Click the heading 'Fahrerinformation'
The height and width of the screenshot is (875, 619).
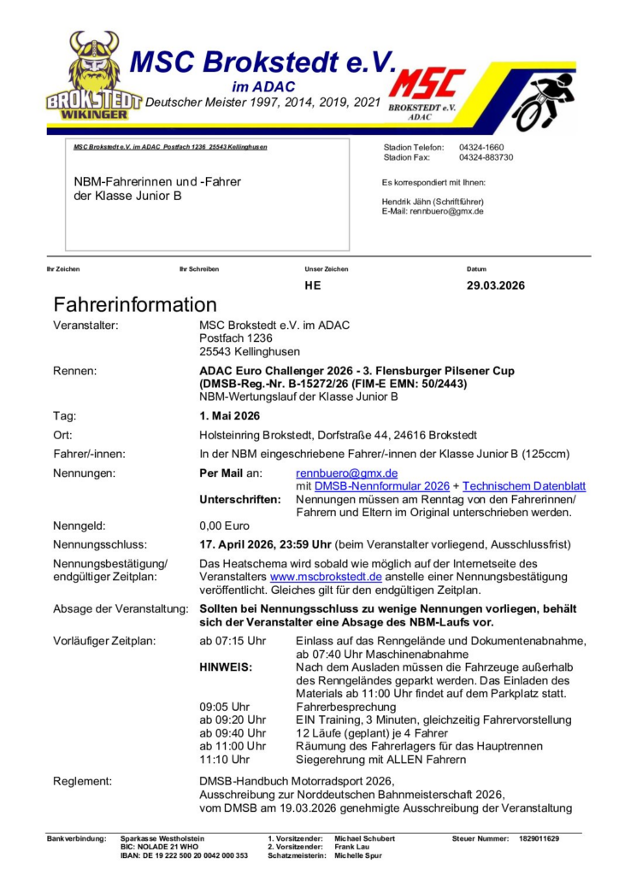point(135,305)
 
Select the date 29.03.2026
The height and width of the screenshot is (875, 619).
point(496,285)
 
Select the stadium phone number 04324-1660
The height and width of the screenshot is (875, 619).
point(480,148)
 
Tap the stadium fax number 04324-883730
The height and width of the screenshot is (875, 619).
point(486,158)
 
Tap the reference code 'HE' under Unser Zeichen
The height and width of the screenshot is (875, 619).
point(313,285)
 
